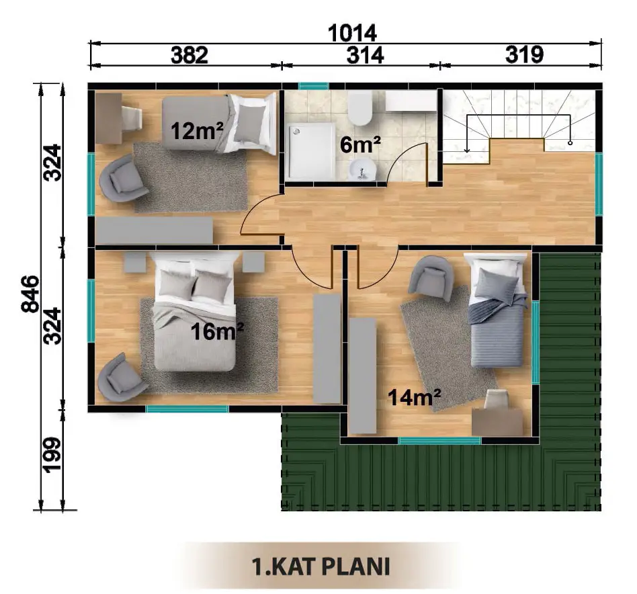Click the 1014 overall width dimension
[352, 33]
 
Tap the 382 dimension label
[189, 55]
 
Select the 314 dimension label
[365, 55]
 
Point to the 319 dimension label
[524, 54]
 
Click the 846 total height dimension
[30, 294]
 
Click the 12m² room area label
[197, 131]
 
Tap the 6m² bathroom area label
[360, 145]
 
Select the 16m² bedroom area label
[217, 331]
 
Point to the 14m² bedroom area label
[415, 397]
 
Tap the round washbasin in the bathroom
[363, 169]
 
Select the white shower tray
[311, 152]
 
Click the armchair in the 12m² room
[123, 178]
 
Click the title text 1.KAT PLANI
[321, 566]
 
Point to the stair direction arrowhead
[467, 150]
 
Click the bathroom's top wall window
[314, 86]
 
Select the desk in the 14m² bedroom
[497, 422]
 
